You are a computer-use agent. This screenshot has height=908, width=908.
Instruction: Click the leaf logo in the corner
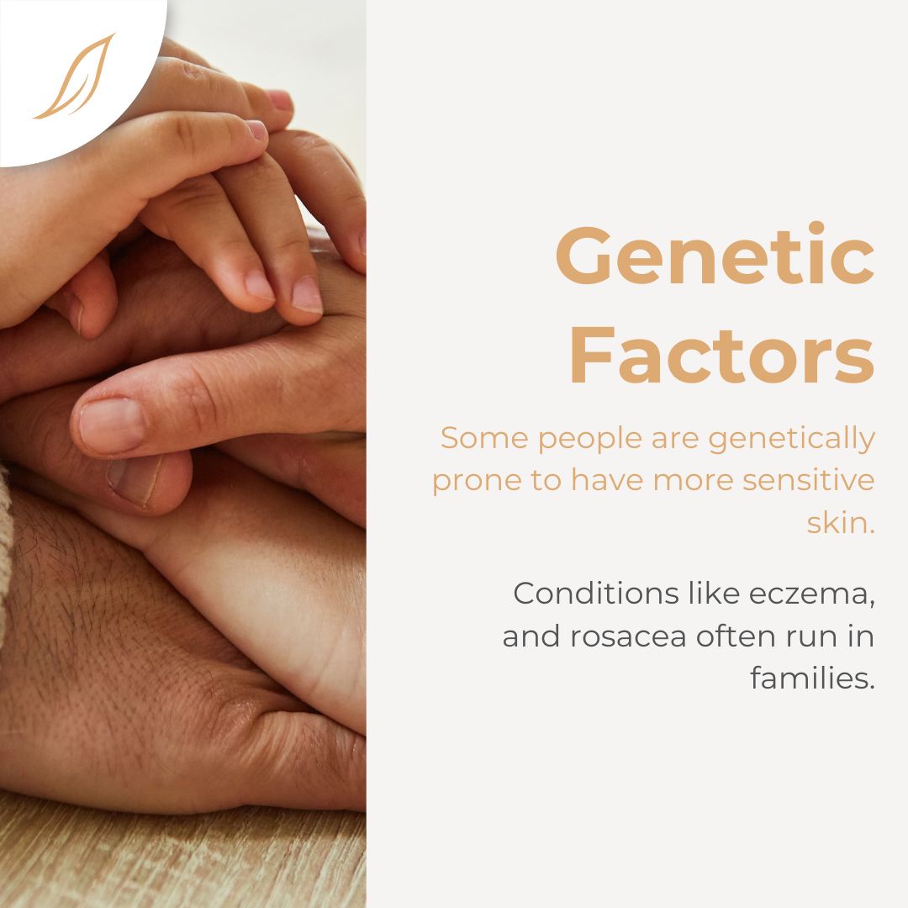74,76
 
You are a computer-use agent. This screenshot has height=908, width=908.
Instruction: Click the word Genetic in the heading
715,256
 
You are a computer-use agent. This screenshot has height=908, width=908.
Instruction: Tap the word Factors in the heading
721,355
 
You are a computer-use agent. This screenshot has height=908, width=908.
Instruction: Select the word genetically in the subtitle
791,439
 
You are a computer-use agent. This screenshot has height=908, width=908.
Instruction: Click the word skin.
840,522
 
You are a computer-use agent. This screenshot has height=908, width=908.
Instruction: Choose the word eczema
811,594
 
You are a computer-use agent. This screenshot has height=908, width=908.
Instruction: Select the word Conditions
596,594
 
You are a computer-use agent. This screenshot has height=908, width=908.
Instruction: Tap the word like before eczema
714,594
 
